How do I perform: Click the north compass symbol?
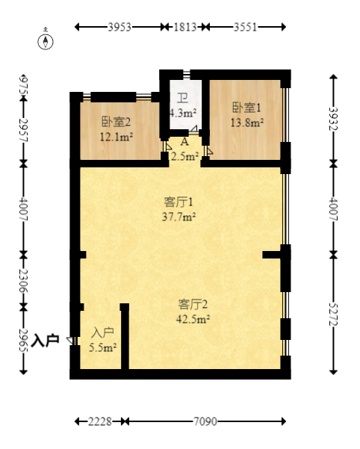(x=46, y=42)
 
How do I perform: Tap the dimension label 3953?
(x=120, y=27)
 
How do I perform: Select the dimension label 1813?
(x=185, y=27)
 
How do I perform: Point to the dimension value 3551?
(x=245, y=27)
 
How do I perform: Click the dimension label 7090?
(x=205, y=421)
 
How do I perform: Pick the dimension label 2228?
(x=100, y=421)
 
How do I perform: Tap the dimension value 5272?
(x=334, y=314)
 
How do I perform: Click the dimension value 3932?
(x=334, y=119)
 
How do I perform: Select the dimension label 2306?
(x=23, y=280)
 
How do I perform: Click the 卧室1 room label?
(x=246, y=108)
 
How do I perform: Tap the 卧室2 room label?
(x=117, y=123)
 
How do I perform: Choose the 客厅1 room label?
(x=179, y=202)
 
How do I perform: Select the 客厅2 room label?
(x=193, y=304)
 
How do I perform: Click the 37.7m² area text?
(x=179, y=217)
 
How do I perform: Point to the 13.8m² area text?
(x=247, y=123)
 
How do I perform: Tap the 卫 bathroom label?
(x=182, y=99)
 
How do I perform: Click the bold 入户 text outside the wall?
(x=46, y=341)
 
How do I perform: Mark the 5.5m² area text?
(x=103, y=347)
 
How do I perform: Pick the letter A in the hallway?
(x=184, y=141)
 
